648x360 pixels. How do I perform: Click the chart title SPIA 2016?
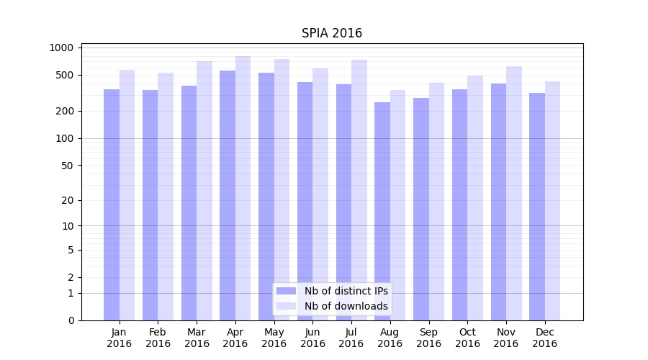coord(331,33)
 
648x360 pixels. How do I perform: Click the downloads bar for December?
coord(552,201)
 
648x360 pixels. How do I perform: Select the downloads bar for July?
coord(359,190)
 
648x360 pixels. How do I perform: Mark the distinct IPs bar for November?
coord(498,202)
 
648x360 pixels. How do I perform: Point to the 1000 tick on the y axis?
coord(61,48)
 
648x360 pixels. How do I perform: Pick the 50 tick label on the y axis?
coord(66,165)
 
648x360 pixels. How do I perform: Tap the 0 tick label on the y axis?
coord(71,320)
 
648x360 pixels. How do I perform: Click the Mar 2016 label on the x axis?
coord(197,338)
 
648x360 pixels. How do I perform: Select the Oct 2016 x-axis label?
coord(467,338)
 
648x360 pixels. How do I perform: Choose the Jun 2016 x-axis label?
coord(312,338)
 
